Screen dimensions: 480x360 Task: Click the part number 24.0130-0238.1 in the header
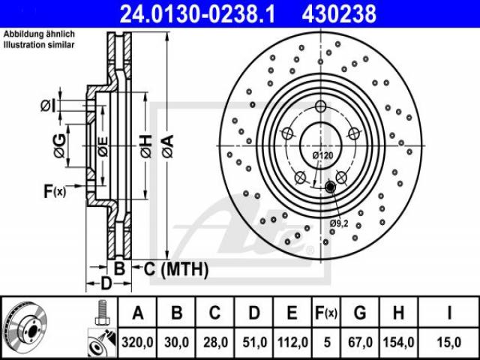(197, 14)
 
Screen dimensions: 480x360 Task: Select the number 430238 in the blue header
(339, 14)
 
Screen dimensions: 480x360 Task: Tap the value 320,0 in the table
(137, 342)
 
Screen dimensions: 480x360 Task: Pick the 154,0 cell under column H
(398, 342)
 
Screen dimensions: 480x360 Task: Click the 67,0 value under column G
(360, 342)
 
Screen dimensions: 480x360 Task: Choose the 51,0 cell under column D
(254, 342)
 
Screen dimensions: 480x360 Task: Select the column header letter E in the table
(292, 313)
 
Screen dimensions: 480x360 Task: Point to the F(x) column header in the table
(326, 313)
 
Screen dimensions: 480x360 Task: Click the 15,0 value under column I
(449, 342)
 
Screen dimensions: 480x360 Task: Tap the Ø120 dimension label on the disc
(322, 156)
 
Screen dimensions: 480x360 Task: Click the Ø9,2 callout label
(339, 223)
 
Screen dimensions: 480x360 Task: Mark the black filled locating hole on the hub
(330, 187)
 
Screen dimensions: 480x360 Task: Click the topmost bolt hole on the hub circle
(320, 106)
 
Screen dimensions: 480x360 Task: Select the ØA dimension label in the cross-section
(168, 147)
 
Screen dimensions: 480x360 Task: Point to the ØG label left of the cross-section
(60, 145)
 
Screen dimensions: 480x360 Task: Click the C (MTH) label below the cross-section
(176, 269)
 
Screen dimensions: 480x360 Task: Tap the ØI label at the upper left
(48, 106)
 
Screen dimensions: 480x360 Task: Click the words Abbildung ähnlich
(39, 34)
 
